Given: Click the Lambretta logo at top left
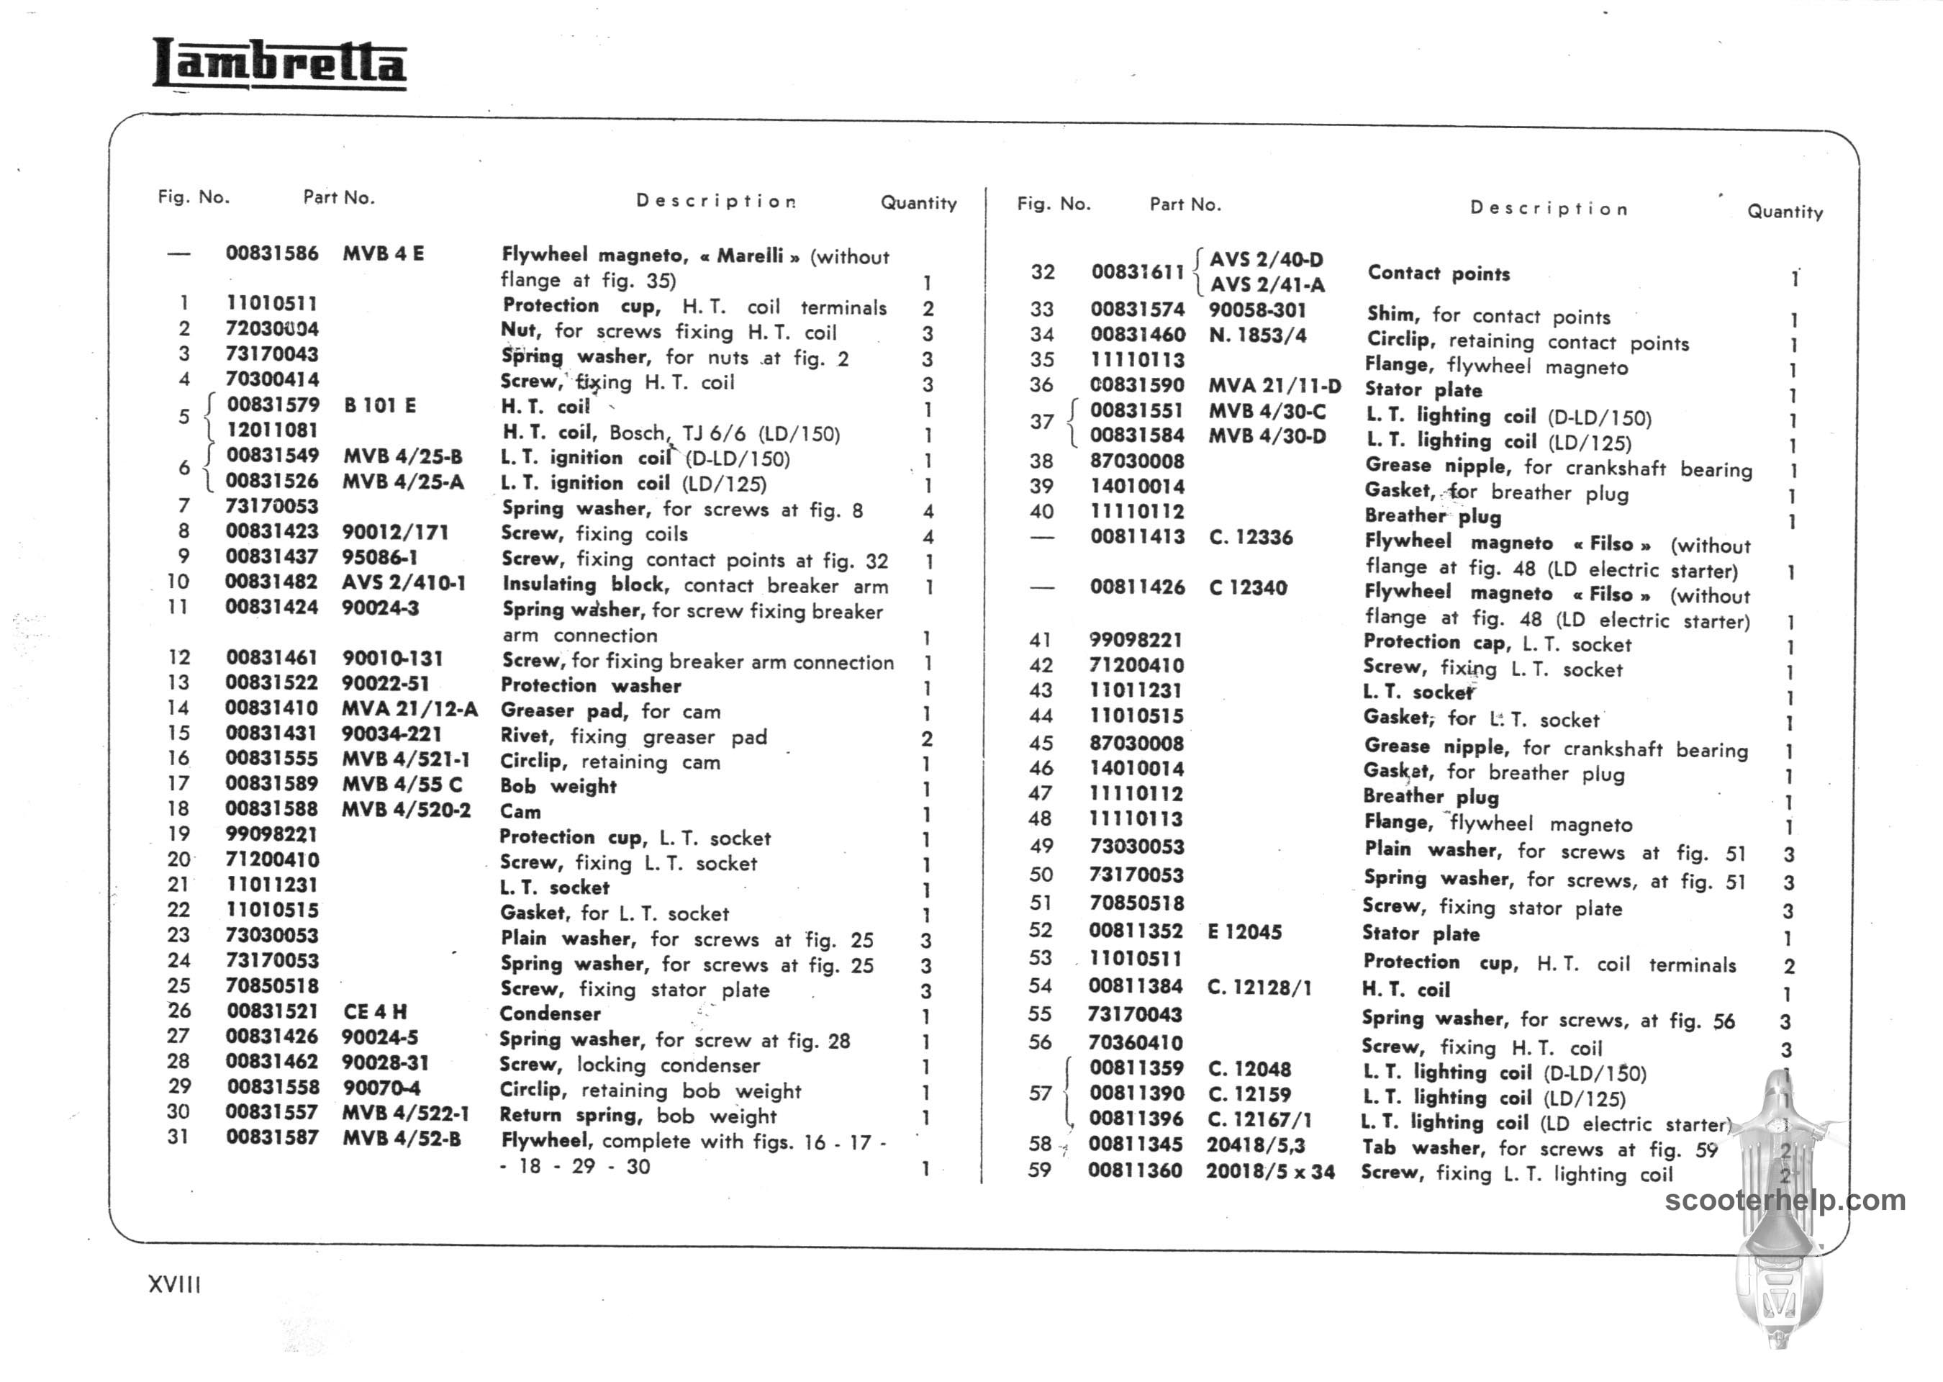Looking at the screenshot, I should pyautogui.click(x=279, y=65).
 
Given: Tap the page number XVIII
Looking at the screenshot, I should pyautogui.click(x=174, y=1284).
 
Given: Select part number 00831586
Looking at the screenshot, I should pyautogui.click(x=272, y=253).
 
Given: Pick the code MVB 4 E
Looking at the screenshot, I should pyautogui.click(x=383, y=253).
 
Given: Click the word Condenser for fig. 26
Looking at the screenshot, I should pyautogui.click(x=550, y=1013).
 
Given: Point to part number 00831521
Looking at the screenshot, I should pyautogui.click(x=272, y=1011).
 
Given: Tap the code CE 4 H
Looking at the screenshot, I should pyautogui.click(x=374, y=1012).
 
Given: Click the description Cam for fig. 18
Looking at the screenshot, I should pyautogui.click(x=520, y=812).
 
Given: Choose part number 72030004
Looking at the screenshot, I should pyautogui.click(x=272, y=328).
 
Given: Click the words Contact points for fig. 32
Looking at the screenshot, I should pyautogui.click(x=1439, y=274).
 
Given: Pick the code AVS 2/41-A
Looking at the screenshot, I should pyautogui.click(x=1267, y=285).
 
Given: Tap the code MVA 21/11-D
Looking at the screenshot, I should pyautogui.click(x=1274, y=387).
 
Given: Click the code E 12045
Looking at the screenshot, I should pyautogui.click(x=1244, y=932).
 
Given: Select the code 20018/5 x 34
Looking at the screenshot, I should pyautogui.click(x=1270, y=1172).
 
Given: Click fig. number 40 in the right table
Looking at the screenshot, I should pyautogui.click(x=1041, y=512).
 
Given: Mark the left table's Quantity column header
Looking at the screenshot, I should pyautogui.click(x=919, y=204).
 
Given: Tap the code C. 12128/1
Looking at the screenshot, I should pyautogui.click(x=1259, y=987).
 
